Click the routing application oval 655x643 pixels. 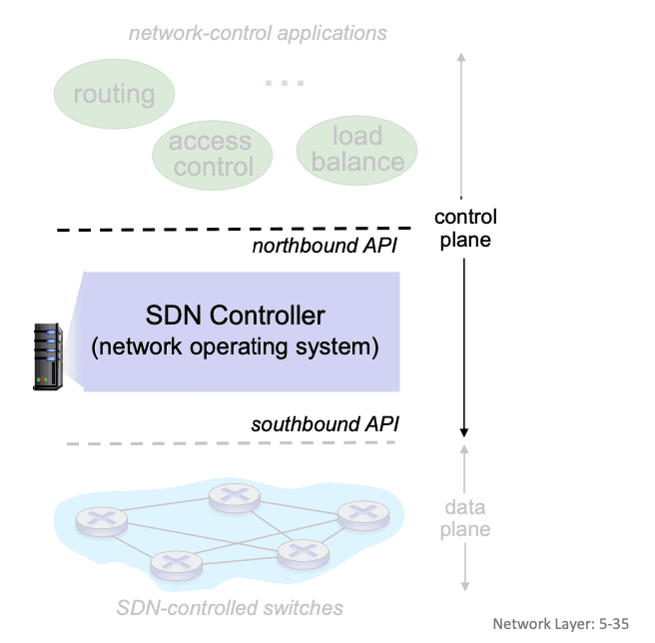point(114,94)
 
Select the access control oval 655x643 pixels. point(213,155)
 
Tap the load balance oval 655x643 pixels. point(356,150)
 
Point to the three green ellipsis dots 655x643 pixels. point(285,83)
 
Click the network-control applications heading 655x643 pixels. point(258,33)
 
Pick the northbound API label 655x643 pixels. point(325,246)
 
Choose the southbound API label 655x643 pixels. point(325,424)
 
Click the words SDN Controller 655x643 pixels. point(236,316)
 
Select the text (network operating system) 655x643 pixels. point(235,347)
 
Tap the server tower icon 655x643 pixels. point(48,356)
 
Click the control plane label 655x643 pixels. point(465,228)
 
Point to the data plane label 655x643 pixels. point(465,518)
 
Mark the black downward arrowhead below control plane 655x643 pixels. point(463,432)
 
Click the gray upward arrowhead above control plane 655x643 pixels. point(461,57)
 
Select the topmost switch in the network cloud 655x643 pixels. point(235,498)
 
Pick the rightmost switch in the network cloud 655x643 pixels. point(363,515)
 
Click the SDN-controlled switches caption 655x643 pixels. point(230,608)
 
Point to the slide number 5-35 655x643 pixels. point(614,624)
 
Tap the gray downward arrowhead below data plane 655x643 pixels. point(465,586)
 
